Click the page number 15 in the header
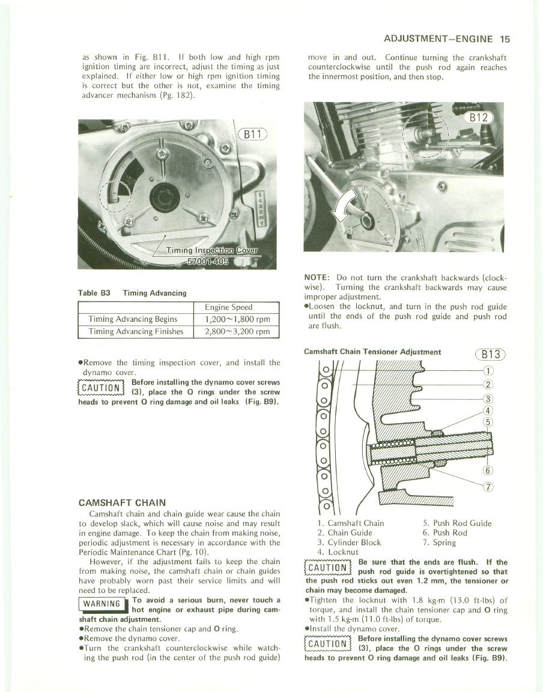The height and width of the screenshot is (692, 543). tap(504, 40)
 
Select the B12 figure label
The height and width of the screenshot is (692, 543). tap(479, 117)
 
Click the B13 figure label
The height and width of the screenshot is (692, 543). tap(491, 354)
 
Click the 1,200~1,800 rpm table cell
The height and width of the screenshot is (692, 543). tap(237, 319)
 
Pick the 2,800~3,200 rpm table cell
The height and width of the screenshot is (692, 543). tap(237, 331)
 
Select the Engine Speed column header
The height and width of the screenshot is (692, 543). tap(237, 307)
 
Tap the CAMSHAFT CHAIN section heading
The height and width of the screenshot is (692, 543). tap(123, 502)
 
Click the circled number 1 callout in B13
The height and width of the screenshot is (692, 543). tap(488, 370)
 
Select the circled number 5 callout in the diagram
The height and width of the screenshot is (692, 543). tap(488, 421)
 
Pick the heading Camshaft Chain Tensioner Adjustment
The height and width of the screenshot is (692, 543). tap(372, 352)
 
